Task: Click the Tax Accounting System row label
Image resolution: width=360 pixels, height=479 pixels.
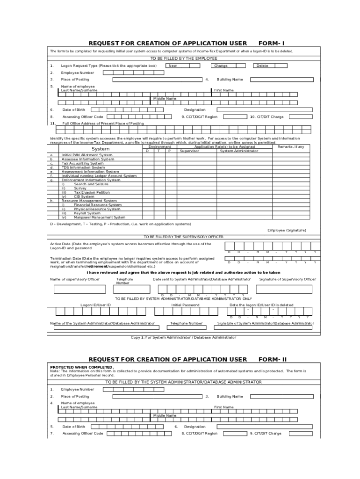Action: pyautogui.click(x=83, y=163)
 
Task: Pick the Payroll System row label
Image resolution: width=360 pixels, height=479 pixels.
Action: pyautogui.click(x=87, y=213)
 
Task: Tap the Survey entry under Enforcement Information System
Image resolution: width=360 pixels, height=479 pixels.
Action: pyautogui.click(x=80, y=188)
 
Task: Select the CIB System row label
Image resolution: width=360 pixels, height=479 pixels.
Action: pyautogui.click(x=84, y=196)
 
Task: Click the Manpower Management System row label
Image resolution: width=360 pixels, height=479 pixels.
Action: pyautogui.click(x=100, y=217)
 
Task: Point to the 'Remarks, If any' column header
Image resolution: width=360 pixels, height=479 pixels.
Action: pyautogui.click(x=290, y=147)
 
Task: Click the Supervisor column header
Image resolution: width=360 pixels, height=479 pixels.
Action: pyautogui.click(x=189, y=151)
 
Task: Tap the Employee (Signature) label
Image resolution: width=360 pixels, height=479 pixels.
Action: pyautogui.click(x=287, y=230)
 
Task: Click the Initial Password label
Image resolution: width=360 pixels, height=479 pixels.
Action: pyautogui.click(x=185, y=305)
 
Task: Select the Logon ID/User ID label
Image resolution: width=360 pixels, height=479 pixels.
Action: pyautogui.click(x=95, y=305)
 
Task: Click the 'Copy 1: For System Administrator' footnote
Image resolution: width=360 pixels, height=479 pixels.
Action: pyautogui.click(x=183, y=337)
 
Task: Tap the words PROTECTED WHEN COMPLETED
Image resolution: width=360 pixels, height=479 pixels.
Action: pyautogui.click(x=82, y=367)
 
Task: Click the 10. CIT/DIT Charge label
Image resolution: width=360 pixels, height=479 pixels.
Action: pyautogui.click(x=266, y=117)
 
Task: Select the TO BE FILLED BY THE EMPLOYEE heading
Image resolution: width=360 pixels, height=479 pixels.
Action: pyautogui.click(x=183, y=58)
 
